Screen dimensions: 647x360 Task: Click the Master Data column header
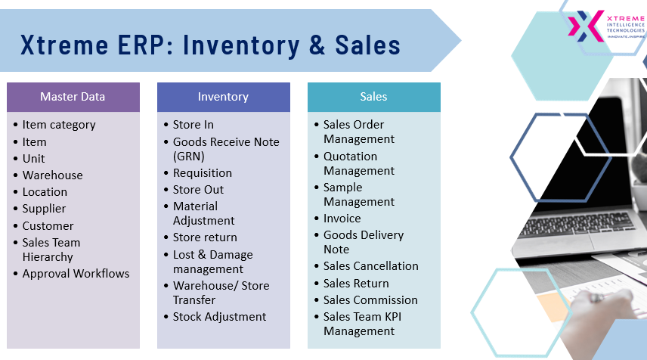[73, 97]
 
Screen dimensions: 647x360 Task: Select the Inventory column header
[223, 97]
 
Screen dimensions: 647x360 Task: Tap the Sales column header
[374, 97]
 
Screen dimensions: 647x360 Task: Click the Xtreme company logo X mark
[586, 26]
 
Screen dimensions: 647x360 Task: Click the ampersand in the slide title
[317, 45]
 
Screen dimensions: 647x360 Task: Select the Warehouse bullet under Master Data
[52, 175]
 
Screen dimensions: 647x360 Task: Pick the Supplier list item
[44, 209]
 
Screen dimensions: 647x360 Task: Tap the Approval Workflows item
[76, 274]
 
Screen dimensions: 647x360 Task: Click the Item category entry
[59, 125]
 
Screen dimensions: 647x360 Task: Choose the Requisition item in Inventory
[203, 173]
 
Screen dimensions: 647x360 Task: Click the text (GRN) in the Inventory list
[188, 157]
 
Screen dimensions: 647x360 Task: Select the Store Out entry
[198, 190]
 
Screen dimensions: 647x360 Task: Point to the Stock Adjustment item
[219, 317]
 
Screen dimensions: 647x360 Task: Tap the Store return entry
[205, 237]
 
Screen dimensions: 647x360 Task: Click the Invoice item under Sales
[342, 219]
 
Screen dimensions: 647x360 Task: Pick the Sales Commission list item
[370, 300]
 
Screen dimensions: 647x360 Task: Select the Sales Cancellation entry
[371, 266]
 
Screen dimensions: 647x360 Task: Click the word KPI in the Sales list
[393, 317]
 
